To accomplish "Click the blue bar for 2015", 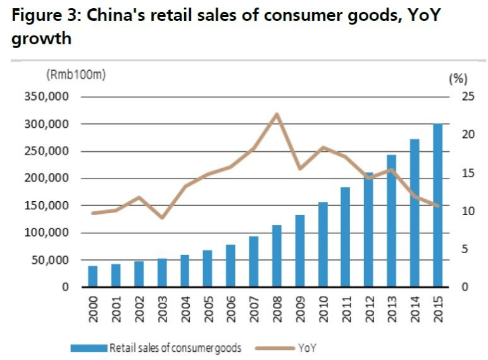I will pos(437,206).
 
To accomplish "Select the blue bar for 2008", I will pos(277,256).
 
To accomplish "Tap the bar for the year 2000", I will pos(93,276).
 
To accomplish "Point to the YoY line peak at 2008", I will pos(277,115).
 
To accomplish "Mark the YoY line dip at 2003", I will pos(162,218).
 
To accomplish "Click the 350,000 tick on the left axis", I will pos(46,97).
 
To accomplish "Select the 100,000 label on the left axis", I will pos(46,233).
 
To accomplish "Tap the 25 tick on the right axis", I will pos(459,97).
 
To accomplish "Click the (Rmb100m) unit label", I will pos(76,75).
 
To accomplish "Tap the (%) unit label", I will pos(457,78).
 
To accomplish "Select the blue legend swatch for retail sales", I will pos(88,347).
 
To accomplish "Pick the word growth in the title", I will pos(41,39).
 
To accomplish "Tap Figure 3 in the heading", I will pos(43,15).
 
